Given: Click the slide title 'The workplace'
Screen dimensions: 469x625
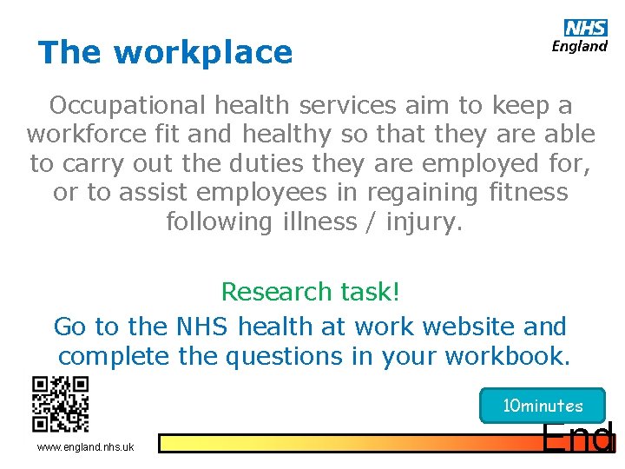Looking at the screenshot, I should coord(165,52).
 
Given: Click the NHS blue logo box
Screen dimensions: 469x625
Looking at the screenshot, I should coord(586,28).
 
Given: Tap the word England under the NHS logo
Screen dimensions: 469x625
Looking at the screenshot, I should coord(580,46).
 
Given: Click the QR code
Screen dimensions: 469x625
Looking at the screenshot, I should coord(60,404).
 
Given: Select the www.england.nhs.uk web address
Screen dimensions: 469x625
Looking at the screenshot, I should coord(85,447).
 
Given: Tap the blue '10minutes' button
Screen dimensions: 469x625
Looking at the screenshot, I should coord(543,406).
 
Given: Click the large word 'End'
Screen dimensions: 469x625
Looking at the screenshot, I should coord(578,439).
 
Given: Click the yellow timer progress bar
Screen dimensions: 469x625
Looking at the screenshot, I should coord(347,444).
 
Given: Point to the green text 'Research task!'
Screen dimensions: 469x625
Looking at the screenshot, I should coord(311,292).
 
